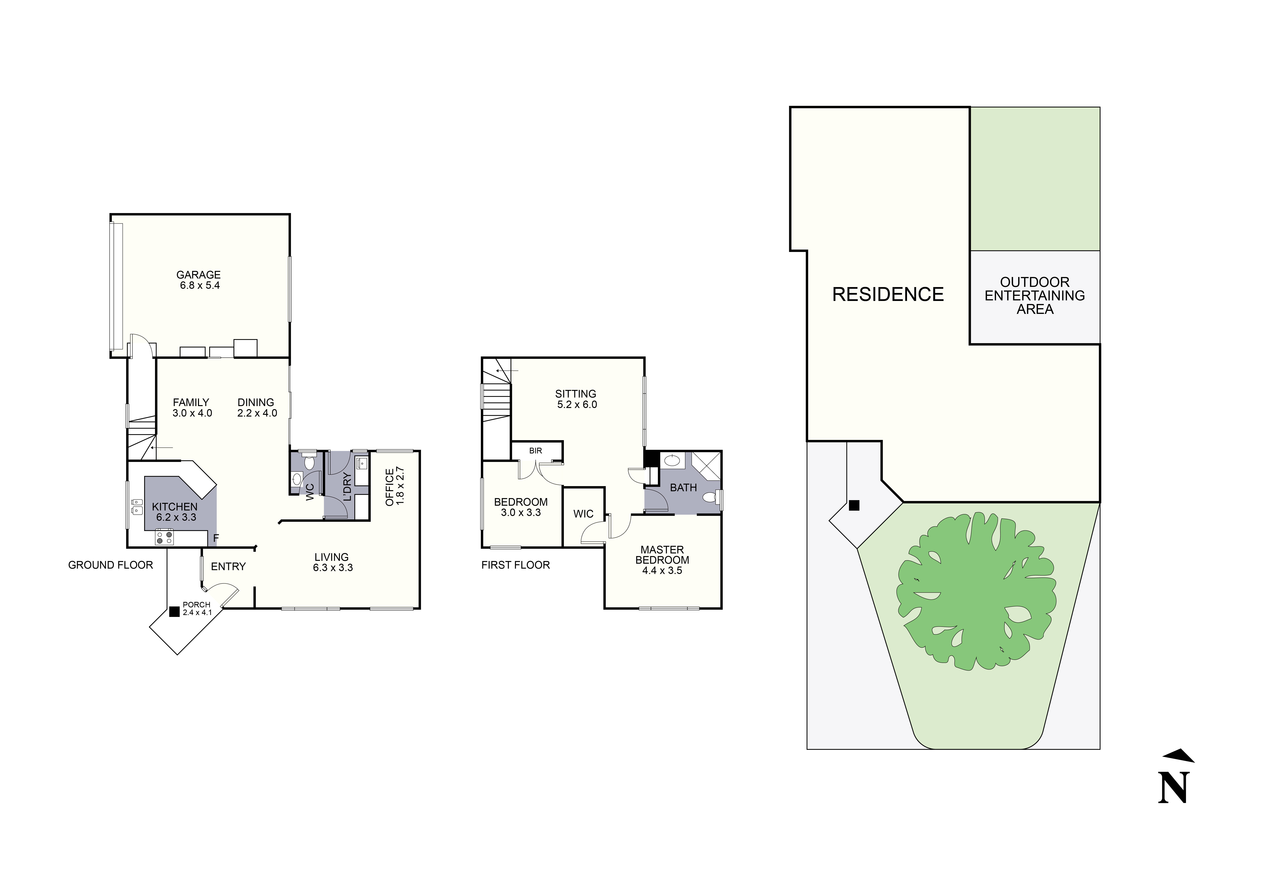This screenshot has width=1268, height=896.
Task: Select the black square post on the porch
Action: (x=175, y=612)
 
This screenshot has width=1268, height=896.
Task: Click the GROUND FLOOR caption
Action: (x=111, y=565)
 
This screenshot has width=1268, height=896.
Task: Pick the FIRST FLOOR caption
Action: (x=515, y=565)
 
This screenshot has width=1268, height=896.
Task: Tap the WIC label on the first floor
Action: (x=583, y=514)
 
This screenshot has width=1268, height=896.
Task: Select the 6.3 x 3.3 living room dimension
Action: (x=333, y=567)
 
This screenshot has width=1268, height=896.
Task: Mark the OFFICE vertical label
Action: (x=389, y=487)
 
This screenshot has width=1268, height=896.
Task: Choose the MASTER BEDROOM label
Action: (x=662, y=555)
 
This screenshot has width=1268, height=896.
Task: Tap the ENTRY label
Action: (x=228, y=566)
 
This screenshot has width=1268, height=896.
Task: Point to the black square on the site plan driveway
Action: (x=854, y=505)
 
